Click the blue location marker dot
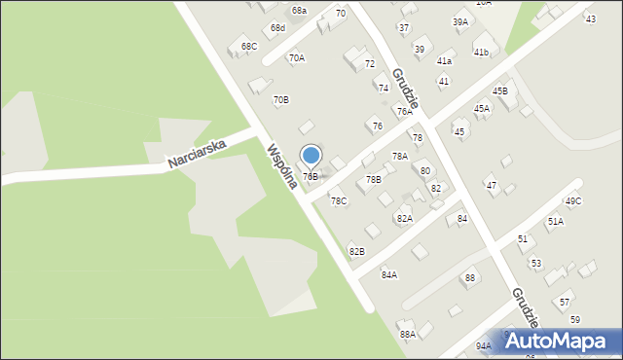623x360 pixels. (x=311, y=156)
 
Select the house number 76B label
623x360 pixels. (x=311, y=176)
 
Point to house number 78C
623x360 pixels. (x=338, y=201)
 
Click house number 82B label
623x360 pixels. (x=357, y=251)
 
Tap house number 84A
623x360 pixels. (x=388, y=274)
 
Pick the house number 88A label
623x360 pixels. (x=408, y=334)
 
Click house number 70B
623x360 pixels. (x=280, y=99)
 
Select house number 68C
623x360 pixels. (x=249, y=46)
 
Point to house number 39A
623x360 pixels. (x=460, y=21)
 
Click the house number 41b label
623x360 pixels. (x=481, y=52)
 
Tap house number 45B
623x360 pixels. (x=500, y=90)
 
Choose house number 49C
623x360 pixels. (x=573, y=201)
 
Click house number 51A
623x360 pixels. (x=555, y=222)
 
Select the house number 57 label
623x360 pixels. (x=566, y=302)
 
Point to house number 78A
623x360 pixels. (x=399, y=156)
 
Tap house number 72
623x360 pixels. (x=370, y=63)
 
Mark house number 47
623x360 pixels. (x=492, y=185)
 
